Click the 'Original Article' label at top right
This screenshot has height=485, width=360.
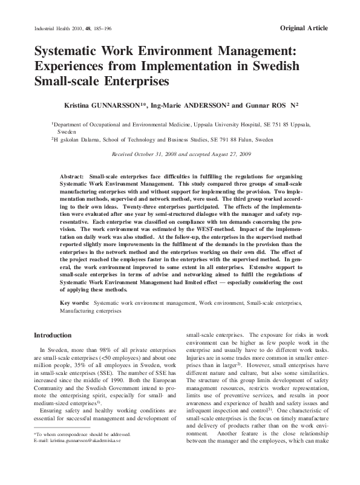coord(304,29)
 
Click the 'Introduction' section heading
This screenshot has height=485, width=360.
coord(53,334)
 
